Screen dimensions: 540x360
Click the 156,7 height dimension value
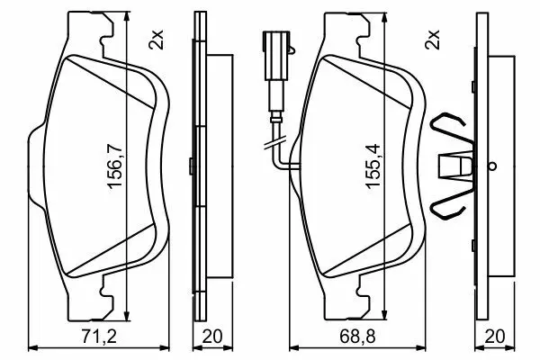115,166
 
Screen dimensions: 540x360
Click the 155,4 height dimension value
373,166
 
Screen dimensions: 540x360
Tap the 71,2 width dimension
100,336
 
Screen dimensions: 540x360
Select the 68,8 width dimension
357,336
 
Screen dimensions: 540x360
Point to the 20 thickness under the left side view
212,336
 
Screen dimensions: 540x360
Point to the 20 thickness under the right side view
494,336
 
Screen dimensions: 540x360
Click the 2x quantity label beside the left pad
156,40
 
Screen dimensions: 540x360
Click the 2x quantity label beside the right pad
433,40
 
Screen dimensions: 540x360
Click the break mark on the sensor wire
275,142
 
